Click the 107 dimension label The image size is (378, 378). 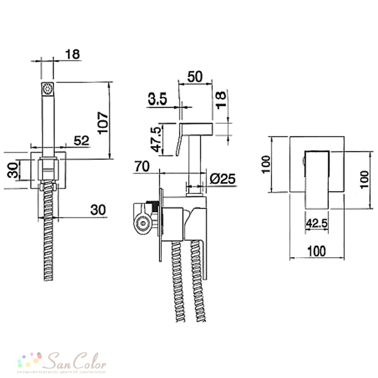click(x=103, y=122)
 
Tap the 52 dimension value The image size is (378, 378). click(x=82, y=141)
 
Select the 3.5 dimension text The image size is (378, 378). click(x=157, y=98)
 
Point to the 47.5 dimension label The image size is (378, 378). click(x=156, y=139)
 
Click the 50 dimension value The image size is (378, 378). click(x=195, y=77)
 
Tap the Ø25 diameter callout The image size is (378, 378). click(x=223, y=179)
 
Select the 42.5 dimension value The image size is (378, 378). click(x=316, y=223)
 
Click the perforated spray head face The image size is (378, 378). click(x=48, y=89)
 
